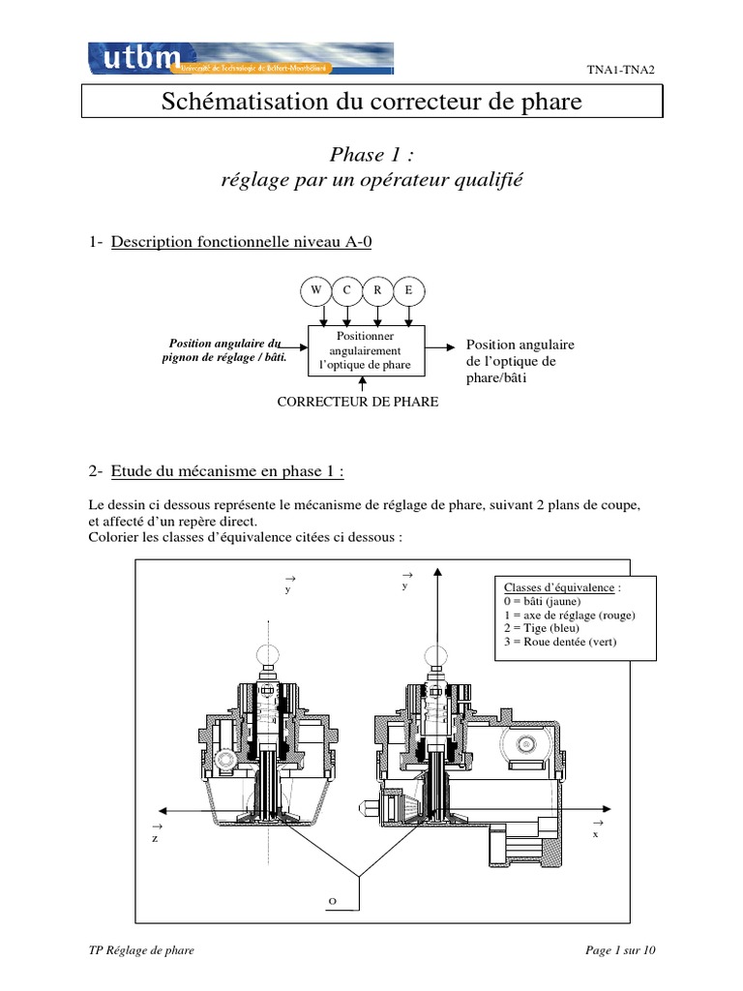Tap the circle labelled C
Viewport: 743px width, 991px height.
click(347, 290)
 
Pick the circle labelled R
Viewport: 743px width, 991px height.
click(378, 290)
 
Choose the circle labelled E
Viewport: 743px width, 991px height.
click(408, 290)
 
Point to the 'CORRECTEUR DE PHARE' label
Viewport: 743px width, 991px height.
click(358, 401)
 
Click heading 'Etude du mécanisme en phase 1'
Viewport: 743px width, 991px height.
click(227, 471)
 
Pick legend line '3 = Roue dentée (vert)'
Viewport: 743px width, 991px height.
click(560, 642)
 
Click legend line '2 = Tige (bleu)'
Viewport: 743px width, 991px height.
click(542, 628)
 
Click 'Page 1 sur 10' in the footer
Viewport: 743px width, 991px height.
click(621, 950)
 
